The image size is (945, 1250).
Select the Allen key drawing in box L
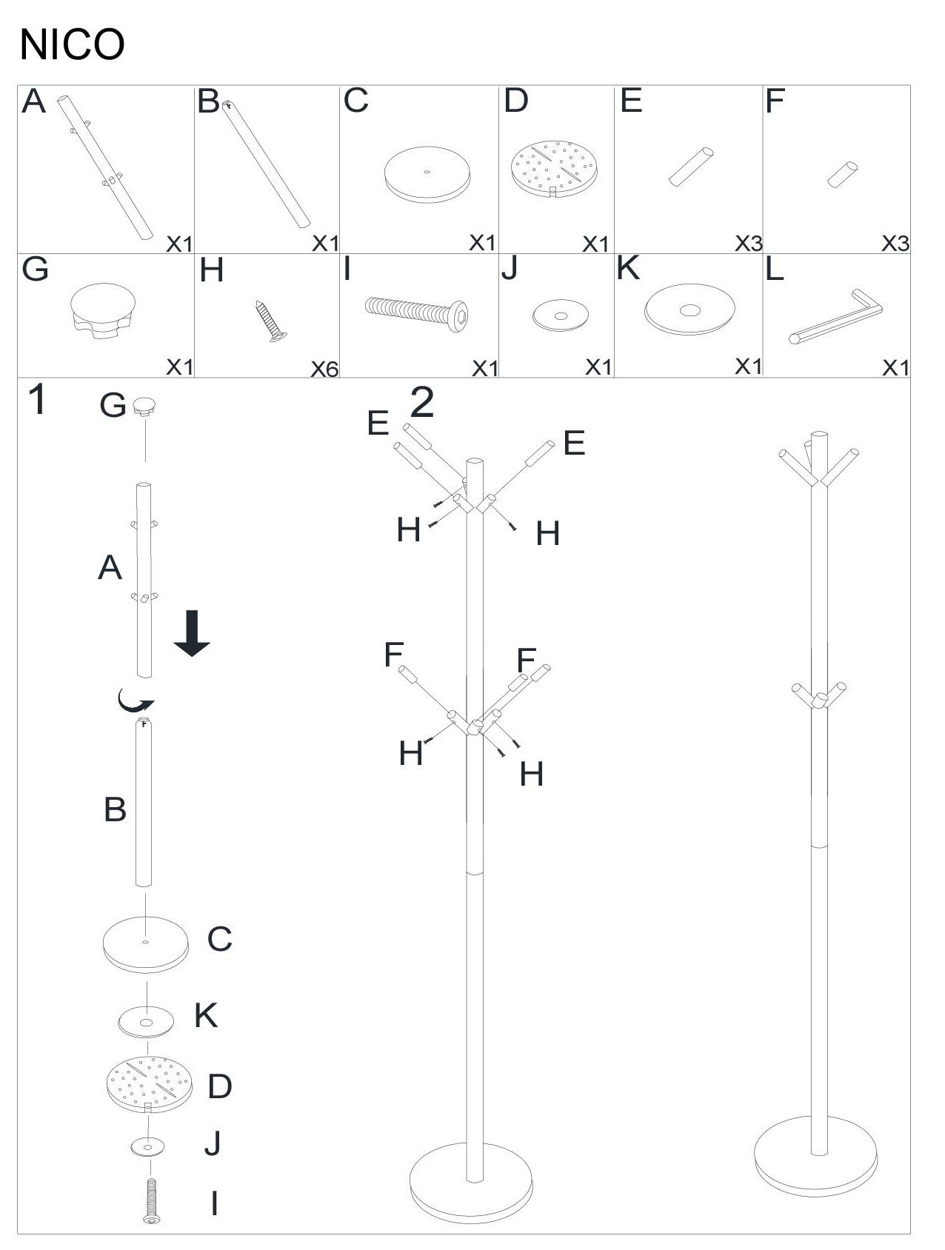tap(835, 318)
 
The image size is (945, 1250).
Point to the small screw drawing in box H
tap(272, 321)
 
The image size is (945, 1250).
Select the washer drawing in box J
tap(561, 315)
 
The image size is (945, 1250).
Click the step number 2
tap(422, 402)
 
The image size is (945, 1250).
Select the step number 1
tap(37, 400)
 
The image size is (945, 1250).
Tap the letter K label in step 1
tap(206, 1016)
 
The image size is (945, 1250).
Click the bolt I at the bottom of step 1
tap(152, 1200)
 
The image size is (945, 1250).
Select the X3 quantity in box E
tap(749, 243)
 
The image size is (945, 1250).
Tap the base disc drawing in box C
tap(427, 175)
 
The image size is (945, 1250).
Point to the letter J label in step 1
tap(213, 1143)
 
